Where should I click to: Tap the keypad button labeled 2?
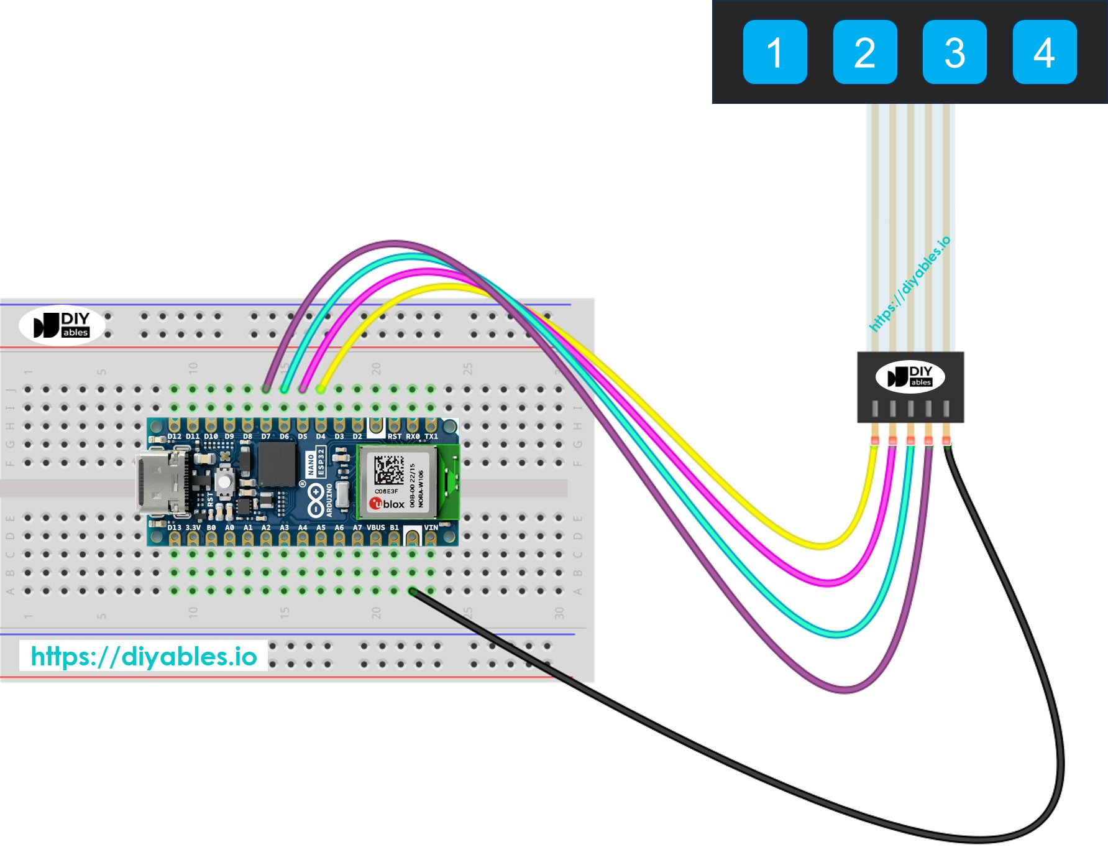pos(864,52)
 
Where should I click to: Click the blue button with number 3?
pos(955,52)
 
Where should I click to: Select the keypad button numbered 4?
pos(1044,52)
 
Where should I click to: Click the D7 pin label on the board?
pos(266,437)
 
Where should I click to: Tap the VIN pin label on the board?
pos(431,527)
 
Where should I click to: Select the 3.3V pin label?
pos(193,527)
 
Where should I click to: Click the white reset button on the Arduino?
pos(224,482)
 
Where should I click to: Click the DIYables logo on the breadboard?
pos(62,325)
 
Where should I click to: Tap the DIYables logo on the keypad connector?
pos(910,377)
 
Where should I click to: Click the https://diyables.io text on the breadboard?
pos(144,656)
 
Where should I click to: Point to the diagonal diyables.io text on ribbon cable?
pos(909,284)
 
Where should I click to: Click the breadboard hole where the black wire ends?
pos(412,590)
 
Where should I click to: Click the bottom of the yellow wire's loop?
pos(822,546)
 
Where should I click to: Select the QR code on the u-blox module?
pos(389,470)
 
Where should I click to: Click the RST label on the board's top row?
pos(394,437)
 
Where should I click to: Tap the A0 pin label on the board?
pos(229,527)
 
